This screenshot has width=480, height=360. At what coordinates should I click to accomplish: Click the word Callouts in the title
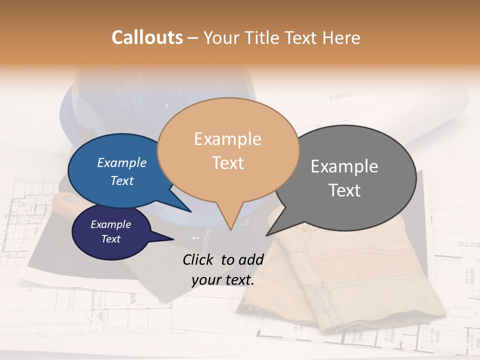[x=147, y=37]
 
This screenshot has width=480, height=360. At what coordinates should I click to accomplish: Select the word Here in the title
[x=341, y=37]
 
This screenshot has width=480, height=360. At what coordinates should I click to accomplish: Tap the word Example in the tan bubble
[x=227, y=139]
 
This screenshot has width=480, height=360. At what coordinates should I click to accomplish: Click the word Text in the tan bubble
[x=227, y=162]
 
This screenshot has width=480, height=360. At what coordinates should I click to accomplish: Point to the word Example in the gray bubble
[x=344, y=166]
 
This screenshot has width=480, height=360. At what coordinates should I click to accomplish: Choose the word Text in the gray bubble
[x=344, y=190]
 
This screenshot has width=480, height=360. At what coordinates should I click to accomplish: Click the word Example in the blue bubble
[x=122, y=162]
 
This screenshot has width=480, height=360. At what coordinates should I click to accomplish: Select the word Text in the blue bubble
[x=122, y=180]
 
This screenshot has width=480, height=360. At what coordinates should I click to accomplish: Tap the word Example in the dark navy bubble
[x=110, y=224]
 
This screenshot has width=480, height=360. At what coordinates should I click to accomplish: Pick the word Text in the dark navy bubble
[x=110, y=239]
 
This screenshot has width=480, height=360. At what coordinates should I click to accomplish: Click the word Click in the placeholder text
[x=199, y=259]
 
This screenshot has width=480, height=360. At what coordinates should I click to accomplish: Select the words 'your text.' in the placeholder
[x=223, y=280]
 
